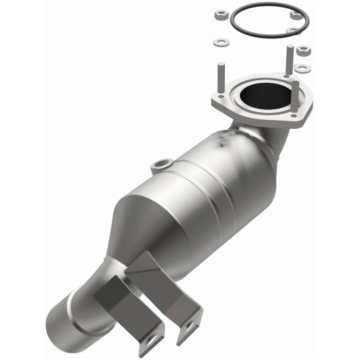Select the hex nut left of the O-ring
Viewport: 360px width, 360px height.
(x=221, y=15)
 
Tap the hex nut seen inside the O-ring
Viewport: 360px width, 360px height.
(x=296, y=15)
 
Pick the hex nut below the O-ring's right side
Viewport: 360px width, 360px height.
(x=303, y=50)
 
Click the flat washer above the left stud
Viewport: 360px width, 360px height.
(x=221, y=43)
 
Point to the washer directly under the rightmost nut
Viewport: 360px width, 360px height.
(x=302, y=68)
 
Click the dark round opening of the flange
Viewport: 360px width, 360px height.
(x=260, y=93)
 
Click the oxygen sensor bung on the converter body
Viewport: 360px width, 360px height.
(x=161, y=163)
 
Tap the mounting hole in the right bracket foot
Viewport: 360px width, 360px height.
(x=190, y=328)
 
